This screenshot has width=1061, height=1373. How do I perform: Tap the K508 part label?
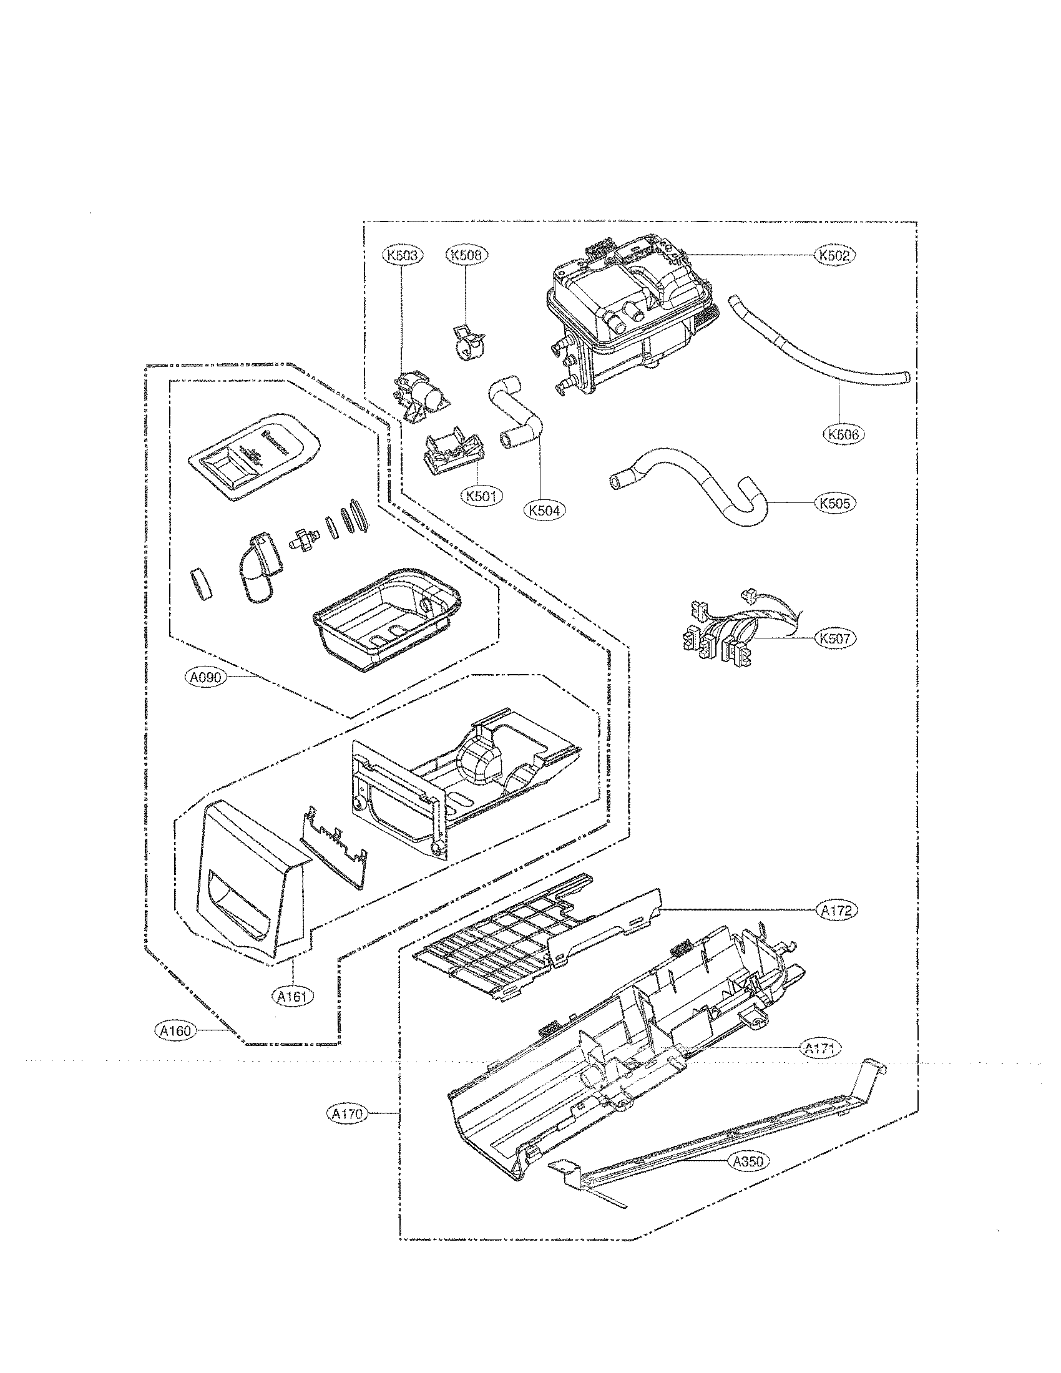tap(467, 255)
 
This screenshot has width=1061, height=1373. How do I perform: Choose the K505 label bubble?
tap(835, 503)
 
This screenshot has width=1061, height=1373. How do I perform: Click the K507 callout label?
tap(835, 638)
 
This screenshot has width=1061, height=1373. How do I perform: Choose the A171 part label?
tap(820, 1047)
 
